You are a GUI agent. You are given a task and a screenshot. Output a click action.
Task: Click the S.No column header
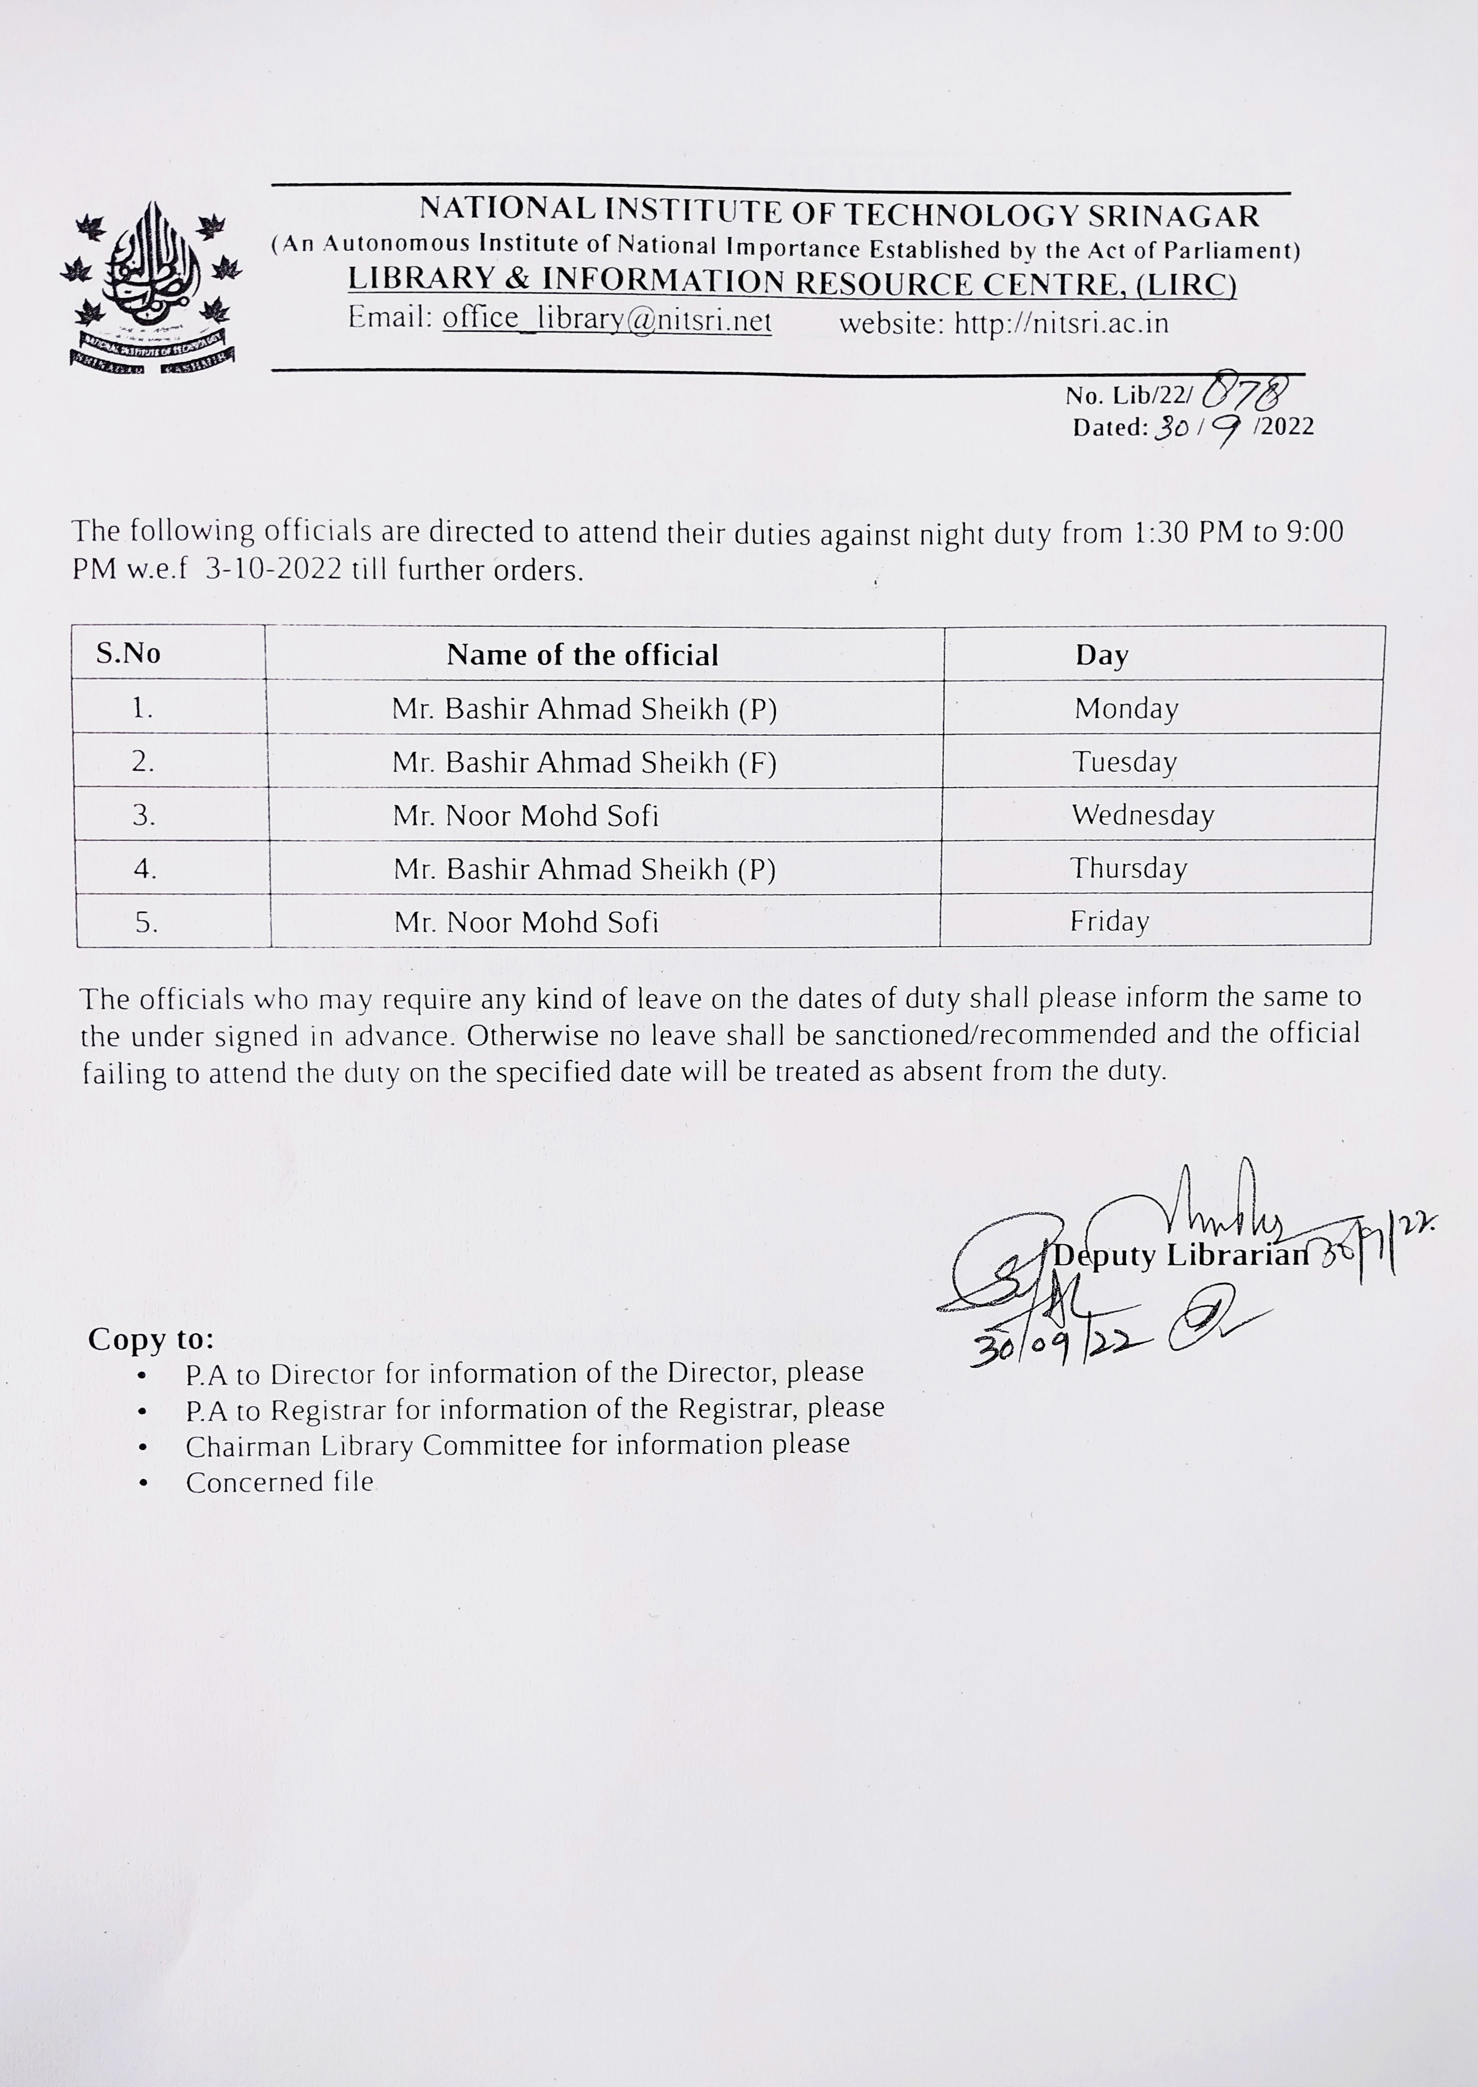[129, 653]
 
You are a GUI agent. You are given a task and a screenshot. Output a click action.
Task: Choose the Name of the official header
[583, 654]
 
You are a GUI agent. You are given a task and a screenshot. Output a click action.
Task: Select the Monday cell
[1126, 708]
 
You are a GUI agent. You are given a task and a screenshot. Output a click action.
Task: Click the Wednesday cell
[1142, 815]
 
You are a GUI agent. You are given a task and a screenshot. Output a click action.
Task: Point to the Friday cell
[1109, 921]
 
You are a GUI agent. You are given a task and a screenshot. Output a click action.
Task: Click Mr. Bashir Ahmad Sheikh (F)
[584, 762]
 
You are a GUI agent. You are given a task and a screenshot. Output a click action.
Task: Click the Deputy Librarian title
[1181, 1256]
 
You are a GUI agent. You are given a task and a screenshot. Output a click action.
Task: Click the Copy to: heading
[151, 1339]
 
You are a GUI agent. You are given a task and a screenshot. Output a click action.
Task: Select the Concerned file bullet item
[279, 1482]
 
